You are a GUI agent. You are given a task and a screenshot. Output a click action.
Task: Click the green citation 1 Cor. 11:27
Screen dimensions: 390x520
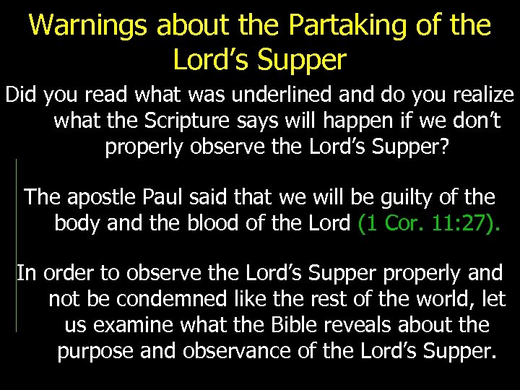click(x=428, y=222)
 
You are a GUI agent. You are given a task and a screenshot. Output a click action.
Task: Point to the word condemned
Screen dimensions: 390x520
click(x=167, y=299)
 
